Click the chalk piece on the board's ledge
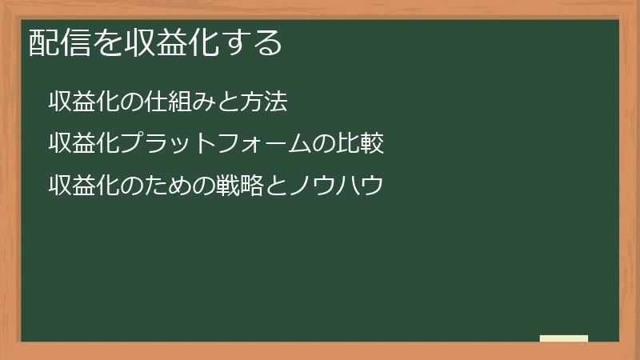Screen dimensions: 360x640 pyautogui.click(x=564, y=338)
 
